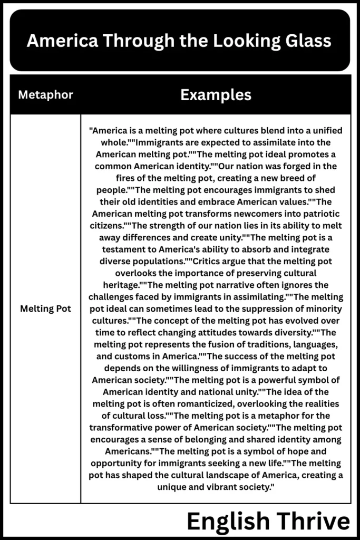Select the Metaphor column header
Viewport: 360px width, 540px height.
(x=45, y=95)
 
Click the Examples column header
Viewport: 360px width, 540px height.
(x=216, y=95)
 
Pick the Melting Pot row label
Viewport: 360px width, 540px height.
(x=45, y=308)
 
